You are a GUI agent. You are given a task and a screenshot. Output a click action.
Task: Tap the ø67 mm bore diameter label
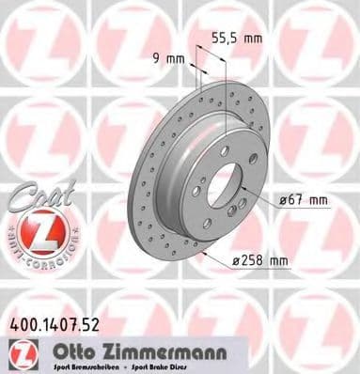(x=305, y=199)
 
